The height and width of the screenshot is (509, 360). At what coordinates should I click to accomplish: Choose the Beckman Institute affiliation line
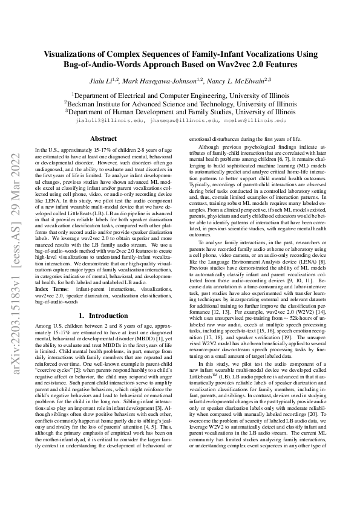pos(180,103)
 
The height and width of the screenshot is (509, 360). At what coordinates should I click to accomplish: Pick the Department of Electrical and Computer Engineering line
pos(180,95)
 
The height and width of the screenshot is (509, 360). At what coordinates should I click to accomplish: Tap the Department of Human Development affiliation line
pos(180,112)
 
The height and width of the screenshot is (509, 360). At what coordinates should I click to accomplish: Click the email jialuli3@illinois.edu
pos(107,120)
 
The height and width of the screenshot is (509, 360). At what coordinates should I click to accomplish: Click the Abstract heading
pos(103,138)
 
